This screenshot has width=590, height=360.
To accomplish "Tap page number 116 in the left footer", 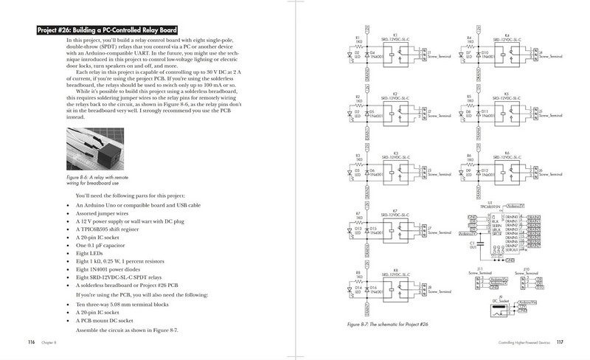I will tap(31, 342).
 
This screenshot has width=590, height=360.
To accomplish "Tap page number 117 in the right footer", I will tap(560, 342).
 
